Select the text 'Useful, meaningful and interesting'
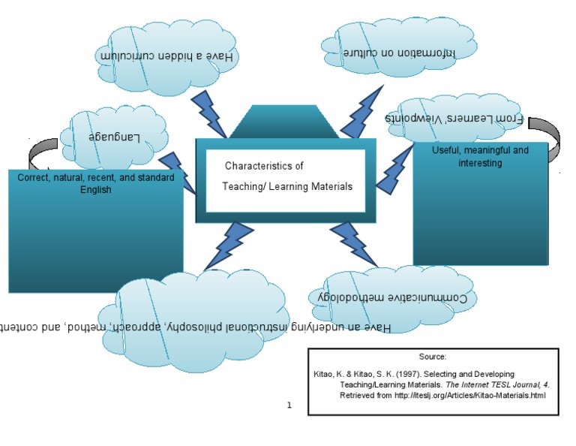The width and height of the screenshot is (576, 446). click(x=480, y=156)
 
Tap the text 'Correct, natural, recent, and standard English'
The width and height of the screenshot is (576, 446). click(x=95, y=184)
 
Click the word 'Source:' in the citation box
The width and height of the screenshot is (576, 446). click(x=433, y=357)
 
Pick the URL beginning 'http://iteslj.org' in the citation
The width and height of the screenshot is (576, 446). click(x=470, y=395)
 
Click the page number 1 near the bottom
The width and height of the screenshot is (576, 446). click(x=289, y=405)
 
